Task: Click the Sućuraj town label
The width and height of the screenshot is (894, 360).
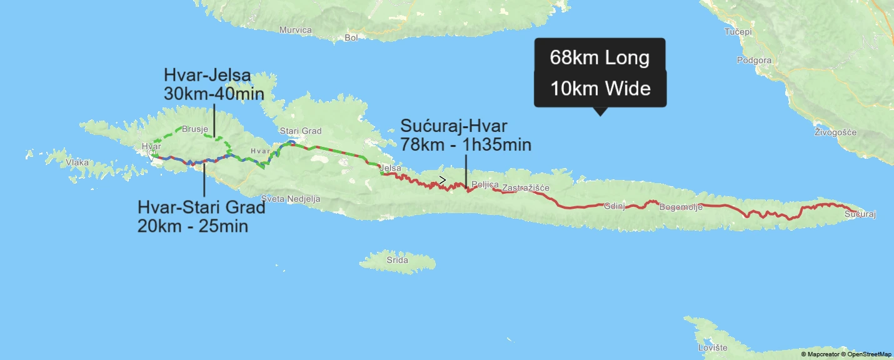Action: (860, 215)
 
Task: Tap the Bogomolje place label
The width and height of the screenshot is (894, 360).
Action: (681, 207)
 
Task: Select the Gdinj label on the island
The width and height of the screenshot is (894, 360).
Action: (615, 206)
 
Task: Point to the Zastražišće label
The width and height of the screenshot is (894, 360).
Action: (525, 187)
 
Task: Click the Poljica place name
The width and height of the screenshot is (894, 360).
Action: (485, 185)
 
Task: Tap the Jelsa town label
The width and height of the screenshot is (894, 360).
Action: (389, 168)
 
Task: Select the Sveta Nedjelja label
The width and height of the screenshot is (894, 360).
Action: (291, 199)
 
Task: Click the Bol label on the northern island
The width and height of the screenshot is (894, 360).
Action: (351, 37)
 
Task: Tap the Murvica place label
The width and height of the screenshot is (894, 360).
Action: (296, 30)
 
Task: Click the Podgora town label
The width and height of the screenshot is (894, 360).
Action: (754, 61)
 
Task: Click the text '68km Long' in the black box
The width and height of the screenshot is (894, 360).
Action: (600, 58)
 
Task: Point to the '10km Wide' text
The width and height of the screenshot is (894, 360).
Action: (600, 89)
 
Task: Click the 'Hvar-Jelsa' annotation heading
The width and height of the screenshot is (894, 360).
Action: (207, 76)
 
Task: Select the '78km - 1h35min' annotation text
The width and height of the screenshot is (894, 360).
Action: (466, 146)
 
